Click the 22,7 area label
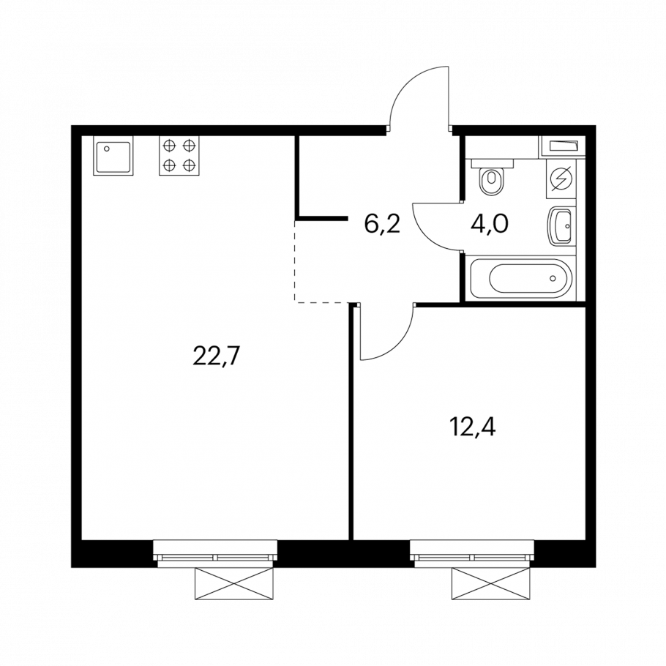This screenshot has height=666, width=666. point(217,356)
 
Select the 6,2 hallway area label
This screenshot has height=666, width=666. point(382,223)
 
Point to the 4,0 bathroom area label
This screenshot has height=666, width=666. point(490,223)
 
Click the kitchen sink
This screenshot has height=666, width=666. point(113,155)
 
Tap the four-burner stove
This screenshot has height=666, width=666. point(179,155)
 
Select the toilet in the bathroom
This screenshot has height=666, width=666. point(493,178)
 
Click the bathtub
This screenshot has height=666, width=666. point(521,278)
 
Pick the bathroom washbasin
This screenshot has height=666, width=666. point(561,226)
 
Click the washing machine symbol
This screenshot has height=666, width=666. point(561,179)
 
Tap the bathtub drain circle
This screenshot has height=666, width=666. point(553,278)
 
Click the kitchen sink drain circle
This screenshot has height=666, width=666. point(107,149)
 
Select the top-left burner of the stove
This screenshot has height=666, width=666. point(170,146)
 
